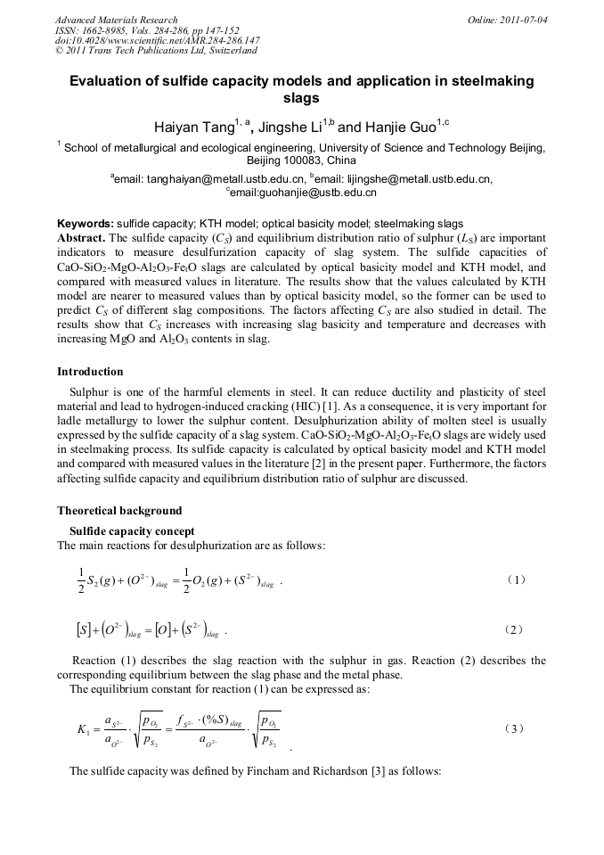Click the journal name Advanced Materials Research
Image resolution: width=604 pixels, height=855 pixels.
click(117, 20)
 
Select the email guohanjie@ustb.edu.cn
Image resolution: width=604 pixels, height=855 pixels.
click(305, 192)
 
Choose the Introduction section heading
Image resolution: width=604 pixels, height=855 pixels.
click(90, 372)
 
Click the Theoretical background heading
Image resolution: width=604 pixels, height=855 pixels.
click(119, 511)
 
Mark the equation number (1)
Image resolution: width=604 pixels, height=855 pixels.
click(517, 580)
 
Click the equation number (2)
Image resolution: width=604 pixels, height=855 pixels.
click(517, 629)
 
